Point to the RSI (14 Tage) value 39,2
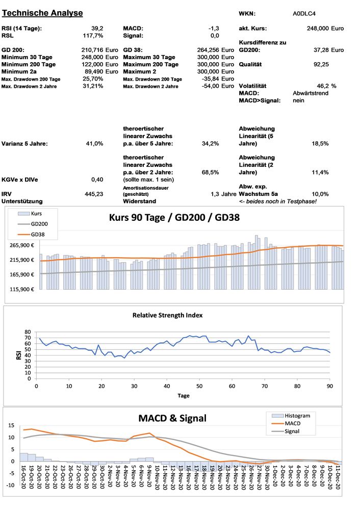click(97, 28)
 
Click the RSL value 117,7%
click(93, 36)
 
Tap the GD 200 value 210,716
click(93, 50)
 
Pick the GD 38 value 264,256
click(208, 50)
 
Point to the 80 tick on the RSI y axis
click(27, 332)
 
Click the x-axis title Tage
click(183, 395)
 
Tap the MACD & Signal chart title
click(172, 418)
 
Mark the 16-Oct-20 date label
click(24, 476)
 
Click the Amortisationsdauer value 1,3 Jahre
click(223, 194)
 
